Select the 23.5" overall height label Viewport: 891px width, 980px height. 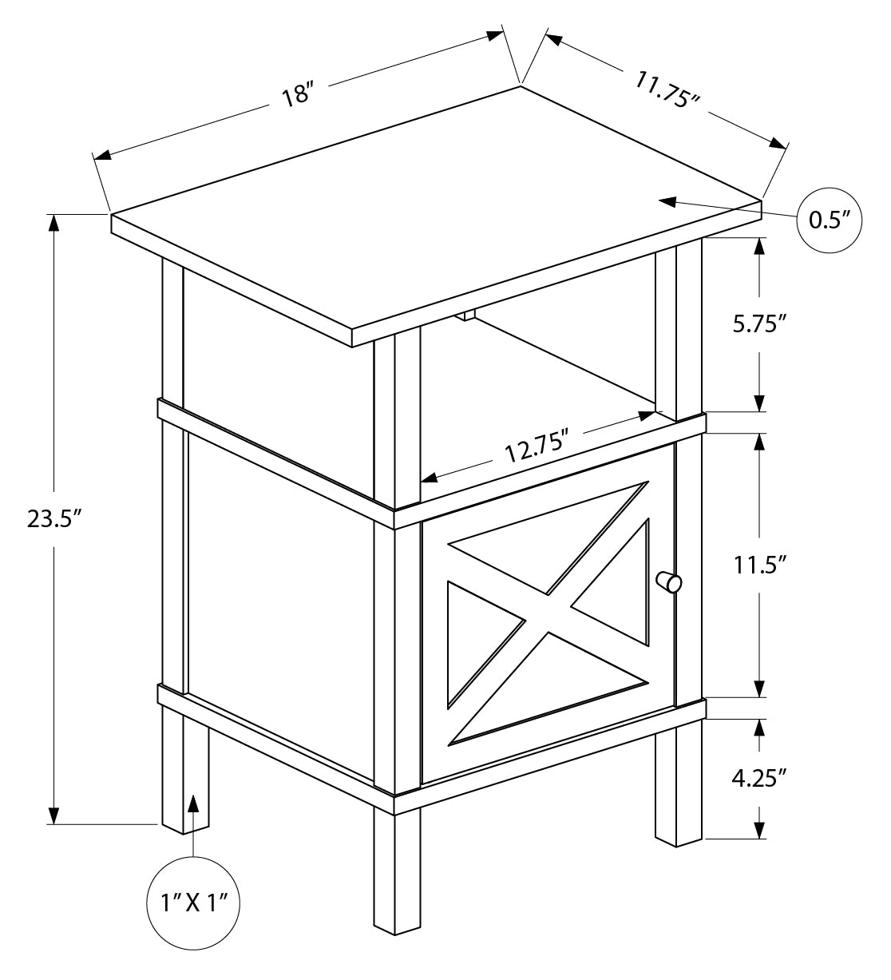[53, 519]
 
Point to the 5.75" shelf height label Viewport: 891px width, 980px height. [759, 323]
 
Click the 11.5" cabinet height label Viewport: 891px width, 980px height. [760, 565]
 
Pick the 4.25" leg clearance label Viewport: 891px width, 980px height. [759, 778]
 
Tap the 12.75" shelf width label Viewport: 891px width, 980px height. [537, 445]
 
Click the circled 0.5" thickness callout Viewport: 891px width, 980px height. [829, 220]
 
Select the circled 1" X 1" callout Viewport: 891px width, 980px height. [193, 903]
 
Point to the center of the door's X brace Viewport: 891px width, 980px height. [548, 613]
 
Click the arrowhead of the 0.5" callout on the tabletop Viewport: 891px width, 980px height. [667, 200]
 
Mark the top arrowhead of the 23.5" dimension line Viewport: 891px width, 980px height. [53, 224]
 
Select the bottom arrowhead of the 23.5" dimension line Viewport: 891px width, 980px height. [53, 815]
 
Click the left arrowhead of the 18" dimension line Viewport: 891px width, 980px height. [102, 156]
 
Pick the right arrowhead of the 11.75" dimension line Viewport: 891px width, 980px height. [778, 144]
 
